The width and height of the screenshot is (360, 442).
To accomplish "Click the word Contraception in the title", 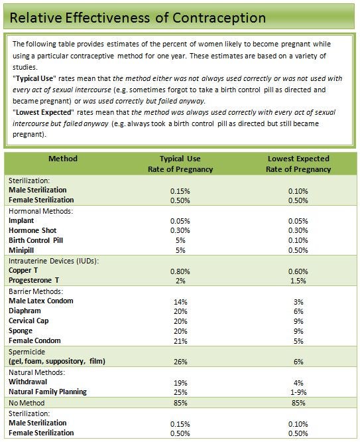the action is coord(219,18).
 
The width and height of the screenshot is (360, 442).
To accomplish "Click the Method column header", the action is coord(63,159).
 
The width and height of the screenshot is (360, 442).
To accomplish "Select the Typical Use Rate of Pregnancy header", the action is coord(180,164).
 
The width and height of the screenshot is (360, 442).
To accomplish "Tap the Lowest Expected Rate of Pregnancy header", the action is coord(298,164).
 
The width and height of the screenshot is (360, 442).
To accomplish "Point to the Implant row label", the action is coord(21,220).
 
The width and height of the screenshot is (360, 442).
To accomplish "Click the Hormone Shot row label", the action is coord(32,230).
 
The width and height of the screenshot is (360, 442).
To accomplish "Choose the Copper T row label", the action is coord(23,270).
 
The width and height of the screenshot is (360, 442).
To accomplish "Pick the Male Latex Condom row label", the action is coord(41,301).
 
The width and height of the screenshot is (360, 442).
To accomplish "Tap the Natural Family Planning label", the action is coord(48,392).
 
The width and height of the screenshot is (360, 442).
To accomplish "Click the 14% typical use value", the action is coord(180,302).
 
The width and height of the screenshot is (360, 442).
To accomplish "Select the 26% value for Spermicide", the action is coord(180,362).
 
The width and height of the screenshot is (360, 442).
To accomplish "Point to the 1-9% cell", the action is coord(298,392).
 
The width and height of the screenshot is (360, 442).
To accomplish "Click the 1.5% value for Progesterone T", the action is coord(298,281).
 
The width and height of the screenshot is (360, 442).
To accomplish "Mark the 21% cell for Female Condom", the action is coord(180,341).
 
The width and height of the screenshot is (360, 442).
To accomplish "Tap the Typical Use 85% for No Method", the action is coord(180,403).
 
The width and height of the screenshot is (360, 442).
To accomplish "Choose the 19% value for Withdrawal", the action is coord(180,383).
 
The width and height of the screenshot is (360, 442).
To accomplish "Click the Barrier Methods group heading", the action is coord(36,291).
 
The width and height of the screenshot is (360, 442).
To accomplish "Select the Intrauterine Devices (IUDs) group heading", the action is coord(54,261).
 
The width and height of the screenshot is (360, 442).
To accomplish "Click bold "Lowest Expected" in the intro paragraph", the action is coord(43,112).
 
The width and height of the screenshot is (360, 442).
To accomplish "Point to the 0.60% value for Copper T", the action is coord(298,271).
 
